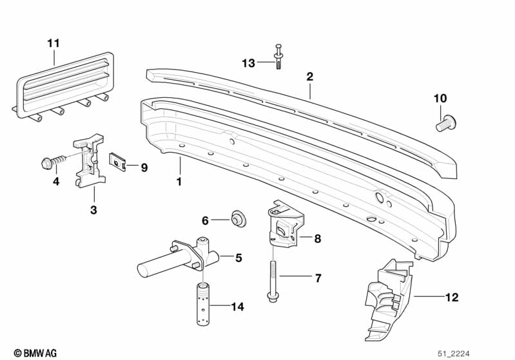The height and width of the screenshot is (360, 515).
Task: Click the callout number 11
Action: pos(53,43)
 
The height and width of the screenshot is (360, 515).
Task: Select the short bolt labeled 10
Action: pos(446,123)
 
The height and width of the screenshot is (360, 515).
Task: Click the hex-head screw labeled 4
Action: pos(54,161)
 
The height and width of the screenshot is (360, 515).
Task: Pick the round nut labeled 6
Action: pos(238,218)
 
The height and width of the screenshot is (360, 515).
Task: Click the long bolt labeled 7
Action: pos(272,281)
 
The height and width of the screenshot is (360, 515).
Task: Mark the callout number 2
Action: pos(310,77)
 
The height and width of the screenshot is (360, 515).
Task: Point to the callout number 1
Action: pos(179,181)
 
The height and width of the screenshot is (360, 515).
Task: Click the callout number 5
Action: pos(238,258)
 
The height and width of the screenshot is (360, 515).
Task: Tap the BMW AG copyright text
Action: pos(35,353)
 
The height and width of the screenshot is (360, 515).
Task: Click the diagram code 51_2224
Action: pos(454,354)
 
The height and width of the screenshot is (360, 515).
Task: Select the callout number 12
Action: pos(452,298)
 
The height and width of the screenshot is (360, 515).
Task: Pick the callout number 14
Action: pos(237,307)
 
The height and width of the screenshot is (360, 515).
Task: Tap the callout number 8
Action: pos(317,238)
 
